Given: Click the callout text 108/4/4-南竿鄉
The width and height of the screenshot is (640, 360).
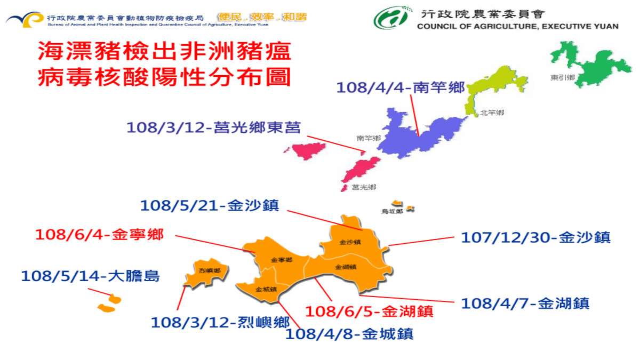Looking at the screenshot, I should [401, 87].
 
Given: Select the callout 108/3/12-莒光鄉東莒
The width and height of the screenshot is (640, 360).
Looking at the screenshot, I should [213, 128].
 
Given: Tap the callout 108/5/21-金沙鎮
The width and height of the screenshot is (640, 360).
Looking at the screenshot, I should [209, 205].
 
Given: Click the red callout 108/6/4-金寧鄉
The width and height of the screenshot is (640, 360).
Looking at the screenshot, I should [99, 234].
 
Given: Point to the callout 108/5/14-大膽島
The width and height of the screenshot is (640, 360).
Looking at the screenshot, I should [90, 276].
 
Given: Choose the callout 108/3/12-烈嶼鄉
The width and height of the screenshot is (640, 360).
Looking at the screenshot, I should [220, 322].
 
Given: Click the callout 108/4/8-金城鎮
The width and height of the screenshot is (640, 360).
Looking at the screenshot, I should [349, 334].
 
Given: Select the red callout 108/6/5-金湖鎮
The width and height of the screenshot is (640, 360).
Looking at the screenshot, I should [369, 310].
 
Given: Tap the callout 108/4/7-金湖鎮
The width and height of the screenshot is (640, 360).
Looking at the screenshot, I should [525, 303].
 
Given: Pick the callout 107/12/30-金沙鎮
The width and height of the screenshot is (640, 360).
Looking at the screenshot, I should [535, 237].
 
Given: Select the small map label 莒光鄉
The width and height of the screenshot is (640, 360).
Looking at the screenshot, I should [364, 187].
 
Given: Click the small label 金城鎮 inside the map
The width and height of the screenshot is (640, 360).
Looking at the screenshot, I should [266, 290].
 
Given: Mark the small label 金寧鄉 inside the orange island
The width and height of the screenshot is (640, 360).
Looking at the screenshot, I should [281, 260].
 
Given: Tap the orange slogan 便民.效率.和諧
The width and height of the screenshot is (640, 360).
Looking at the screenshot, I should [262, 17].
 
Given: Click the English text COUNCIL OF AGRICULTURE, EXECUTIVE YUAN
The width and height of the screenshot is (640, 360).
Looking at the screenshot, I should [518, 26].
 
